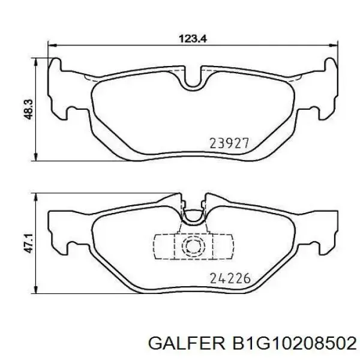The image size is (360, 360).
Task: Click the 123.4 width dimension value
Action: click(193, 38)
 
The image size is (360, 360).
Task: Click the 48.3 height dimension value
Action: click(29, 110)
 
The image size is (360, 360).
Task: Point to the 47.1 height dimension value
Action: click(29, 244)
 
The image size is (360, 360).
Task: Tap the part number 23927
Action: click(229, 143)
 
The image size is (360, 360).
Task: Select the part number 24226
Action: click(230, 278)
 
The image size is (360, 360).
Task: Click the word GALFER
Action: click(187, 343)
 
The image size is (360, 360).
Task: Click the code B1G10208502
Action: click(295, 343)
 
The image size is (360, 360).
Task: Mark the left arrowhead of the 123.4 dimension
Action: click(52, 45)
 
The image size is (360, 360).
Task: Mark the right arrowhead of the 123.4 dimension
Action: click(334, 45)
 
